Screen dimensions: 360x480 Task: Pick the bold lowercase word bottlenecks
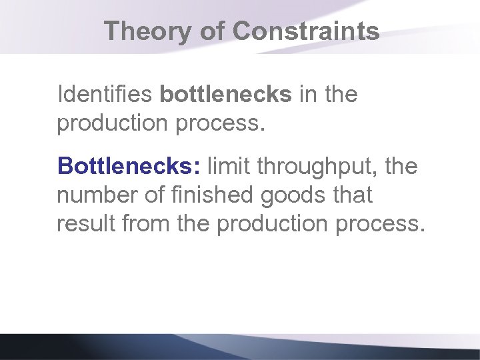[225, 95]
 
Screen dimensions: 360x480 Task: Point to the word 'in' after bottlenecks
[308, 95]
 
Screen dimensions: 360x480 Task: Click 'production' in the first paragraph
[113, 123]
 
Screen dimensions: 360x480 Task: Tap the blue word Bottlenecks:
[129, 166]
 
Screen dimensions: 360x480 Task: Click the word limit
[230, 166]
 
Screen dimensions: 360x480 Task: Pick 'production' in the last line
[272, 224]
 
